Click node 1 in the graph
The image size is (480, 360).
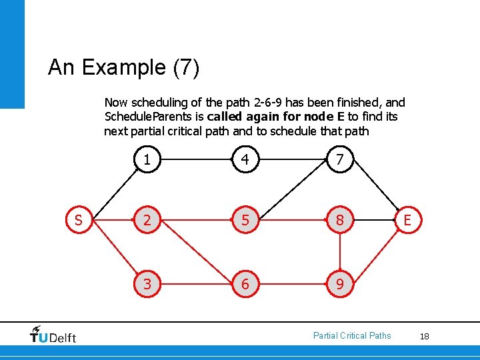click(147, 160)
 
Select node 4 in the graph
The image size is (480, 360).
click(245, 160)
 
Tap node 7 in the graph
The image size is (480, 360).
click(340, 160)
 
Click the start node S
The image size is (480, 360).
click(79, 221)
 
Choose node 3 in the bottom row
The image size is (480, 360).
click(147, 284)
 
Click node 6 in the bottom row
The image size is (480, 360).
click(245, 284)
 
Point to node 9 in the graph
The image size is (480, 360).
click(340, 284)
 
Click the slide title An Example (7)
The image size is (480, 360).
click(123, 67)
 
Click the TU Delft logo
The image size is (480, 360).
click(53, 334)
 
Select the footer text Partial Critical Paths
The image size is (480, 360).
click(352, 335)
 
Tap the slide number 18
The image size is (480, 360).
click(424, 337)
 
